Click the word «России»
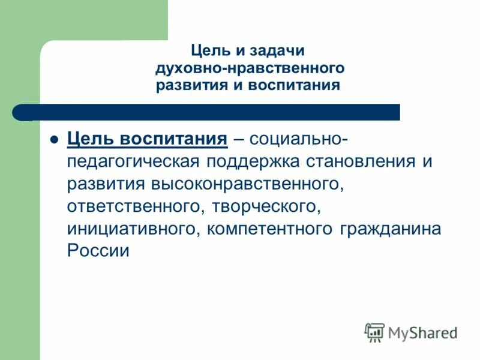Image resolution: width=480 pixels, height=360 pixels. (x=98, y=251)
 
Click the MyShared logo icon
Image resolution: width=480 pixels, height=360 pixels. (x=374, y=332)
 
